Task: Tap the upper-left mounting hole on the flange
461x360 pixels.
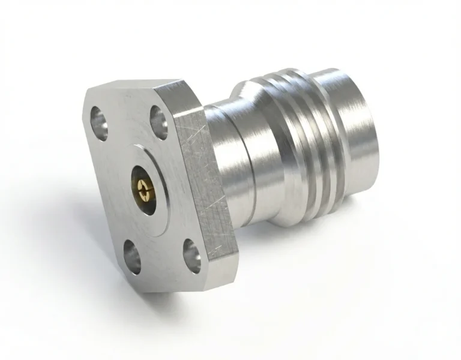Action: point(99,118)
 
